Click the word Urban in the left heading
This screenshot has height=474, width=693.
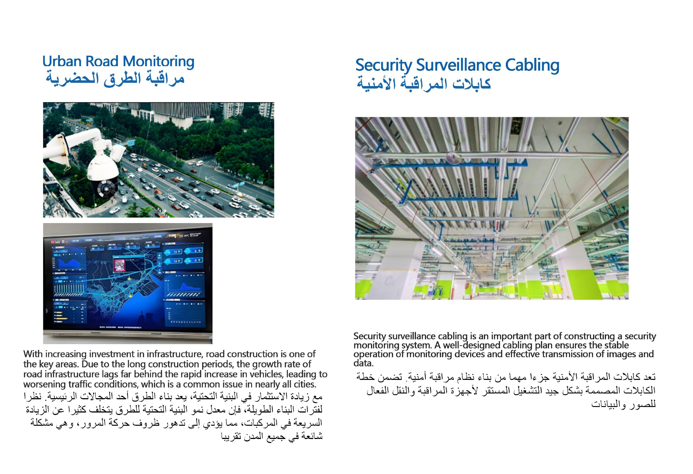(62, 61)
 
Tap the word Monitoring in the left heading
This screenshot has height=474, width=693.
(158, 61)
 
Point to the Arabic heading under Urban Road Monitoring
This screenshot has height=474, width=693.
(115, 79)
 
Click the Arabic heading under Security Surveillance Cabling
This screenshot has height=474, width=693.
(423, 84)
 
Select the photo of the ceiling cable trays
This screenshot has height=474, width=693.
(491, 208)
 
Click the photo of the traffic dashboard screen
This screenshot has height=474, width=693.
(128, 283)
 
